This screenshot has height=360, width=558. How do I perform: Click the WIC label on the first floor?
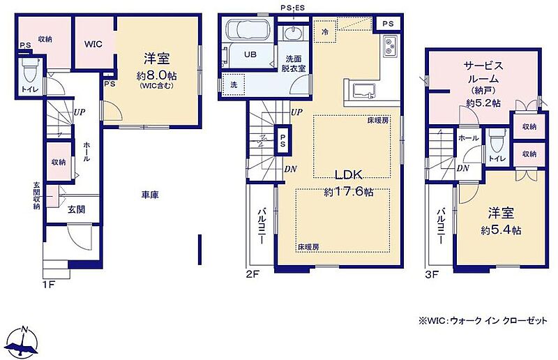tap(93, 44)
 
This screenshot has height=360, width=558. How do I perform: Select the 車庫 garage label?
tap(150, 195)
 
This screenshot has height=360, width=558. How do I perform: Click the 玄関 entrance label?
tap(77, 209)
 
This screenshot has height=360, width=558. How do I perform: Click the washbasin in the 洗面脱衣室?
tap(294, 33)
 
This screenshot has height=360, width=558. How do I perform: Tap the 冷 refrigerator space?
tap(325, 31)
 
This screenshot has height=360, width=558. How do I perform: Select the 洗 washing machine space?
tap(234, 85)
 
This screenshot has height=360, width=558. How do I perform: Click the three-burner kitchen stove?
tap(391, 46)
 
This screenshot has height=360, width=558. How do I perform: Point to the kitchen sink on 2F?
tap(363, 91)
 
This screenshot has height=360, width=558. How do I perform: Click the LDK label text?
tap(349, 175)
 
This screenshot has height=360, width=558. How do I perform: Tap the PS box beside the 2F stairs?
tap(282, 140)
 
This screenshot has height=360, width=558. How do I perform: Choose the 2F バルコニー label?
tap(262, 226)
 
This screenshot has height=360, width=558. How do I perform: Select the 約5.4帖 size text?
tap(501, 230)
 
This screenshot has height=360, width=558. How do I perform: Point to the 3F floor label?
tap(432, 275)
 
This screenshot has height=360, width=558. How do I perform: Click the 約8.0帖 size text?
tap(156, 75)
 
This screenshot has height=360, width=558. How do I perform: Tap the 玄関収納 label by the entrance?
tap(36, 195)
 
